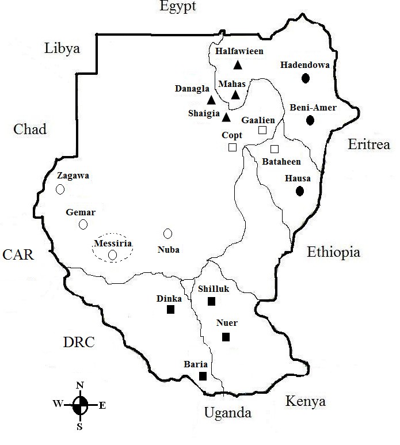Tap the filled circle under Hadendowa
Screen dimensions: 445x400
tap(306, 78)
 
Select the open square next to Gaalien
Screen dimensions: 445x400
tap(262, 130)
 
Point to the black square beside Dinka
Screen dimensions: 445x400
tap(170, 310)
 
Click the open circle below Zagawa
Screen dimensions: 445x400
tap(60, 189)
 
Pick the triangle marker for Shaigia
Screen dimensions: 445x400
tap(226, 117)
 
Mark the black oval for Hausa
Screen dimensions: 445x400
tap(300, 191)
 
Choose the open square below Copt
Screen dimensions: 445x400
tap(233, 147)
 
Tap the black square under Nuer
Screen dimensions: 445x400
tap(226, 337)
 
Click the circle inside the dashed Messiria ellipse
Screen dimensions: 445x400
tap(112, 254)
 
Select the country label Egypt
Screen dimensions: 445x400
tap(178, 7)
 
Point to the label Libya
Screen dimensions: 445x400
tap(62, 48)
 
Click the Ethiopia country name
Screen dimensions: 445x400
tap(333, 252)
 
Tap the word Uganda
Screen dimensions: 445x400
tap(228, 413)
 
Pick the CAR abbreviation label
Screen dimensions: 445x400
tap(18, 254)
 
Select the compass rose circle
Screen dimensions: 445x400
tap(81, 405)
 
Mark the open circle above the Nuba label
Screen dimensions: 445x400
tap(168, 233)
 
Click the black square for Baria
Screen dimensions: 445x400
tap(203, 376)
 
